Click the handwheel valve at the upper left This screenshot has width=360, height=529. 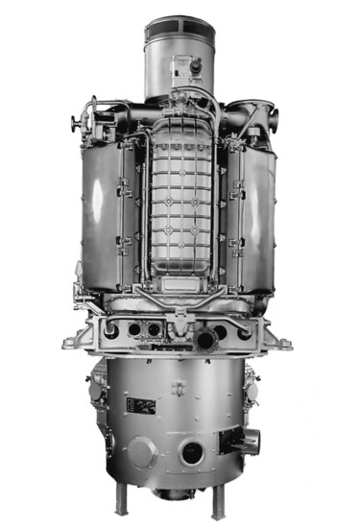click(77, 123)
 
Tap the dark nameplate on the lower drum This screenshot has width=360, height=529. click(141, 407)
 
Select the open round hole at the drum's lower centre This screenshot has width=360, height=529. click(192, 454)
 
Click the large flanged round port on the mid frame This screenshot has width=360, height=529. click(204, 341)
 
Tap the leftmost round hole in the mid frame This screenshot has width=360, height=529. click(112, 331)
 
